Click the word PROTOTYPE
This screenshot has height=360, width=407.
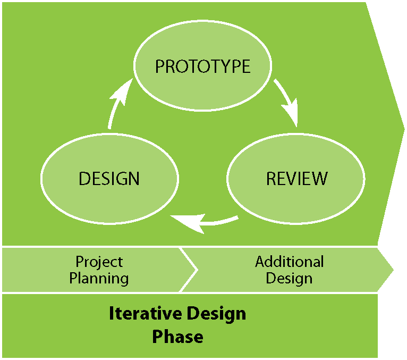pyautogui.click(x=202, y=66)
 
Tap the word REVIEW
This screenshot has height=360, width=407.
pyautogui.click(x=296, y=179)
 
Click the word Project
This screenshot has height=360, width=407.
pyautogui.click(x=99, y=262)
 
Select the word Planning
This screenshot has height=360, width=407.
pyautogui.click(x=99, y=278)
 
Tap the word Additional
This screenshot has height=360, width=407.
pyautogui.click(x=289, y=262)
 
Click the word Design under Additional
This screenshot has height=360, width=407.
pyautogui.click(x=289, y=278)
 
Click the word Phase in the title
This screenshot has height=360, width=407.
pyautogui.click(x=177, y=337)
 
